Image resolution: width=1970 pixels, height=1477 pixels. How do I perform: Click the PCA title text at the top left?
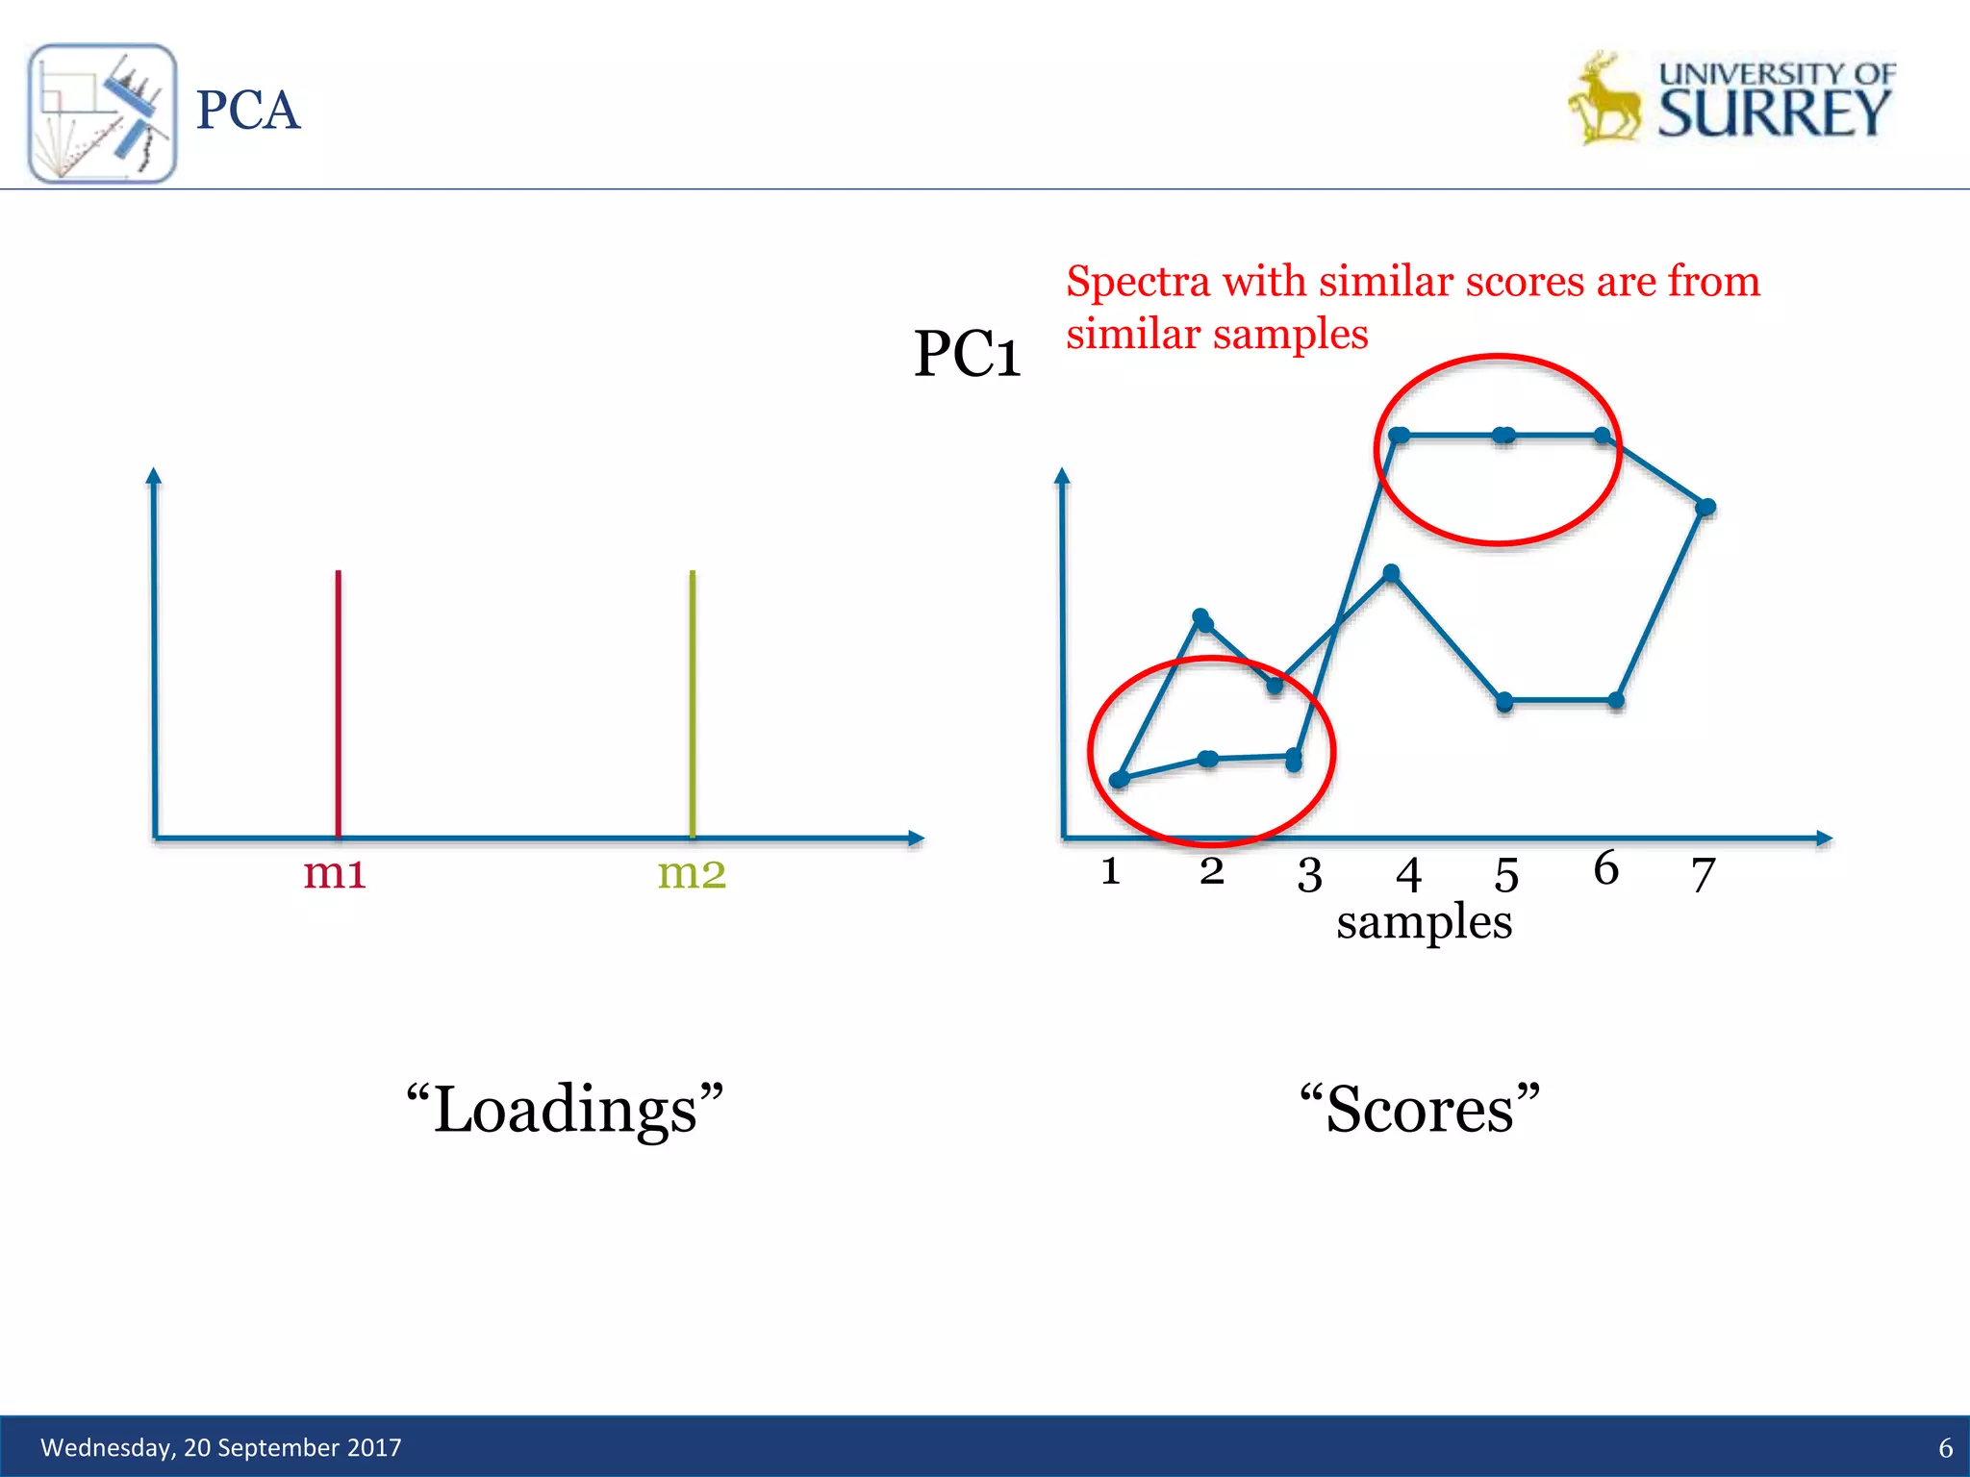tap(247, 111)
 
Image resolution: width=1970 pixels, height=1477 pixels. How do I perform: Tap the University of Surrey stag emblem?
tap(1604, 99)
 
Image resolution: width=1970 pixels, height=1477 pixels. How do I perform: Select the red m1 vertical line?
tap(338, 702)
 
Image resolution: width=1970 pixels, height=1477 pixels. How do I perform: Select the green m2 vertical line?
tap(692, 702)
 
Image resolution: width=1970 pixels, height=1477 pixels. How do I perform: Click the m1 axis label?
tap(334, 873)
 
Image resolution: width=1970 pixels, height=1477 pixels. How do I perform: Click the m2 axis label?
tap(691, 873)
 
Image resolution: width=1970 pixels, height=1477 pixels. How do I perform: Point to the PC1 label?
tap(966, 354)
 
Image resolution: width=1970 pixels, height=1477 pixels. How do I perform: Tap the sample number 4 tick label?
tap(1408, 875)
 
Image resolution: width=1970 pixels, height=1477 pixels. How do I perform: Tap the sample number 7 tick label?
tap(1703, 875)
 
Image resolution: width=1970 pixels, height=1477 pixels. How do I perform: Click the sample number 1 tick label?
tap(1110, 871)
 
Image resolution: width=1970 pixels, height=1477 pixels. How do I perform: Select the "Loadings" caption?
tap(565, 1109)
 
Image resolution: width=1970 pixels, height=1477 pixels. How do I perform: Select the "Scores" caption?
tap(1419, 1109)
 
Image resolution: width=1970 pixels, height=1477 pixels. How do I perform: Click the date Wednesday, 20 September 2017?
tap(220, 1447)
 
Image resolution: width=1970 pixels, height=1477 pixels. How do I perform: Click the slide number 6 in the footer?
tap(1944, 1448)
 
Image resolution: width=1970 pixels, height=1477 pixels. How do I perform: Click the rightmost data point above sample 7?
tap(1705, 507)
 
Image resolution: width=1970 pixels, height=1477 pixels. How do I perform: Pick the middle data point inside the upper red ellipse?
tap(1503, 436)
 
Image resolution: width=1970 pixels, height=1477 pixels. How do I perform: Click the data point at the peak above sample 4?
tap(1391, 574)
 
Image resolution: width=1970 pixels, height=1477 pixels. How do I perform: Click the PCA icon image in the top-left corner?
tap(102, 113)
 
